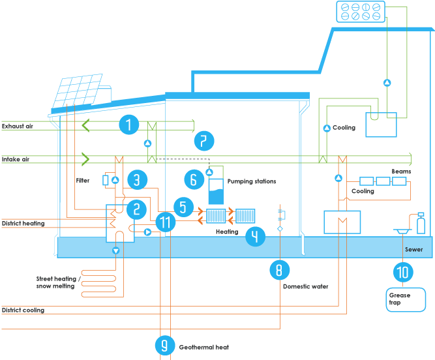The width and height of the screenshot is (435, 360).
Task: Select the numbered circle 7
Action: [x=204, y=140]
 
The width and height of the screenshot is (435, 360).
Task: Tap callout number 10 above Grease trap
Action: [x=402, y=271]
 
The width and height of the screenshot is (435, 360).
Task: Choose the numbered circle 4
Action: [x=256, y=237]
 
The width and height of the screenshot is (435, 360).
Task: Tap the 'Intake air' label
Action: [x=16, y=159]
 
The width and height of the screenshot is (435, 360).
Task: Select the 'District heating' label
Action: [x=23, y=224]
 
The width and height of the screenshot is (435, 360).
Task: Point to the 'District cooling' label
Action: [x=23, y=310]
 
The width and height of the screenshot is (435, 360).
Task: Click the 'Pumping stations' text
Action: [x=252, y=181]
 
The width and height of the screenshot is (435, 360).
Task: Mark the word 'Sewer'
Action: [x=413, y=249]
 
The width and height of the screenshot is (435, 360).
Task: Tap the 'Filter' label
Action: [x=83, y=180]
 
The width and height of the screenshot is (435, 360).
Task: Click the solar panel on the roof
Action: [x=82, y=91]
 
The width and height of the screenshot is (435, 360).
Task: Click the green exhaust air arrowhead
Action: [x=85, y=124]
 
